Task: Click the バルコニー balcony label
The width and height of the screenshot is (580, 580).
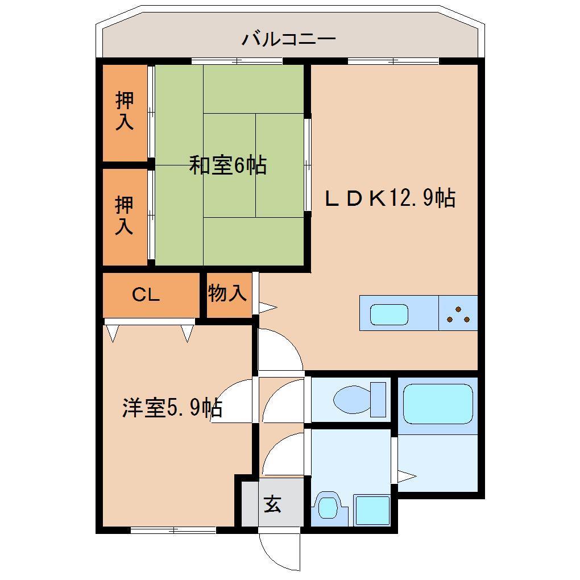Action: point(289,39)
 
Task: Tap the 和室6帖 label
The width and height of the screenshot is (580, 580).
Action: point(227,165)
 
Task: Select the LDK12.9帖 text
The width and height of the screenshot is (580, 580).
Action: point(390,198)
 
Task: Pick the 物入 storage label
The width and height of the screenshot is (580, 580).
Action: point(227,293)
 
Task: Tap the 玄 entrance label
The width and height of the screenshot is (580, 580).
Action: point(272,504)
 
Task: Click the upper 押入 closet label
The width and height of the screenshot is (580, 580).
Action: point(125,110)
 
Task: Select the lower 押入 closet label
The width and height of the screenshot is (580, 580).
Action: point(125,214)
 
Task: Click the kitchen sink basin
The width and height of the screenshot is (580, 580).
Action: point(389,314)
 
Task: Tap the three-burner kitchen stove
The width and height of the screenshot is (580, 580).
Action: point(458,314)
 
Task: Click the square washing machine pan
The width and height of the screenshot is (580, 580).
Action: point(371,509)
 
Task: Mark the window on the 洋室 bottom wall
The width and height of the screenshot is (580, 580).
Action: point(173,530)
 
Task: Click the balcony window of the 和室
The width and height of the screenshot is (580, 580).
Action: point(237,61)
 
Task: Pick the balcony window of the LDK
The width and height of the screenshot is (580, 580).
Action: point(393,61)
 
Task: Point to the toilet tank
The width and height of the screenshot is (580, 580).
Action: point(378,399)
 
